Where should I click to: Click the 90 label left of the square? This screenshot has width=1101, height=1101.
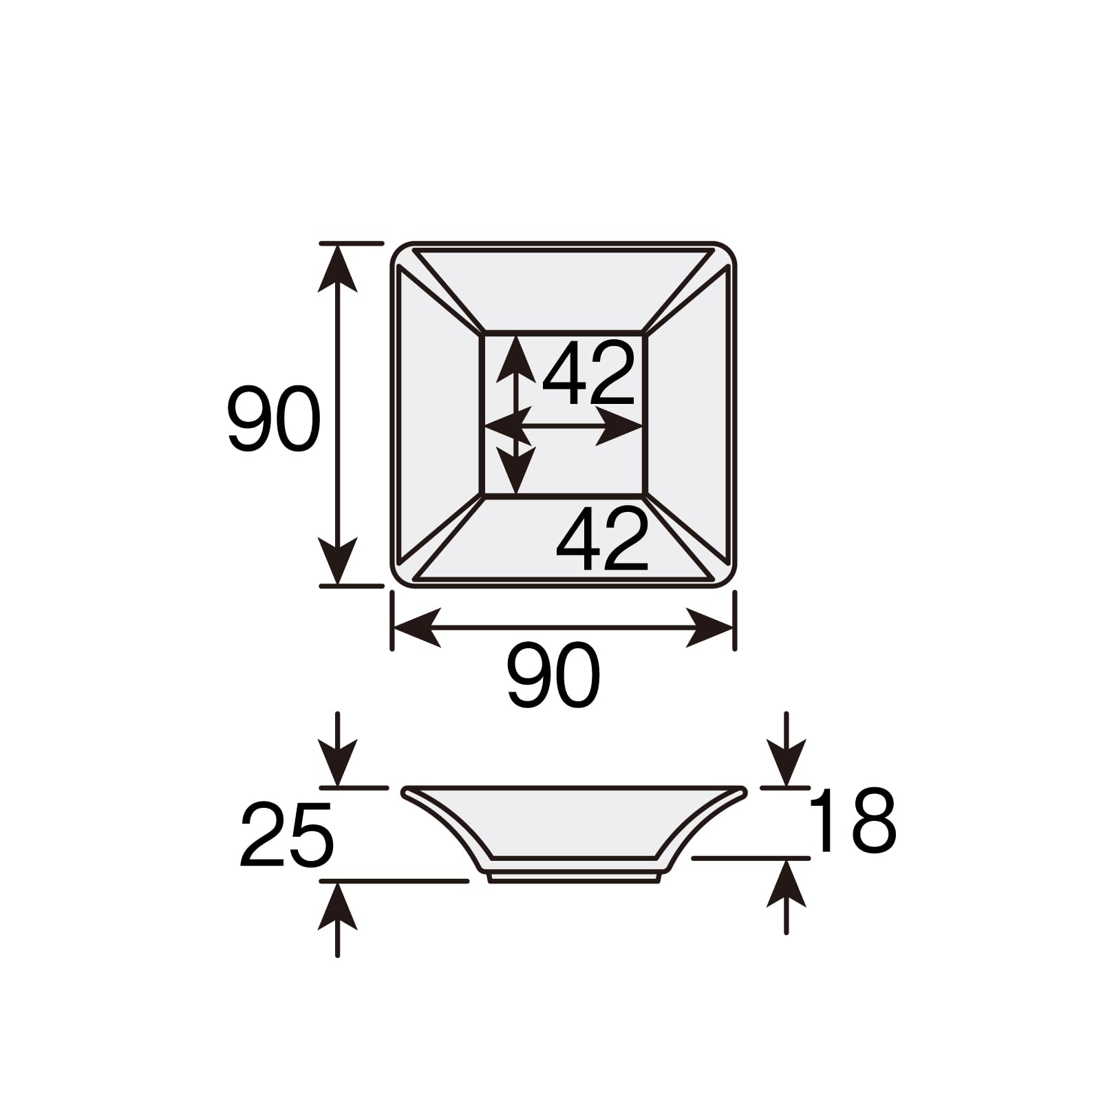[274, 420]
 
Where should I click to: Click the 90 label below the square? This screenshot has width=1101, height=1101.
[554, 676]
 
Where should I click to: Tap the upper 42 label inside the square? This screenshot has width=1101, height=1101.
[588, 374]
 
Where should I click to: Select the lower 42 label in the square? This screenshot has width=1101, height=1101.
[603, 539]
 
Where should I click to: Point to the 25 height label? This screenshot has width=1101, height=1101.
[287, 834]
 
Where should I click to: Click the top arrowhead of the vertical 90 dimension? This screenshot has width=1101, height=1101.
[337, 268]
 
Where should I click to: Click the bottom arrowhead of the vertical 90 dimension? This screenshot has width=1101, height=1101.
[337, 560]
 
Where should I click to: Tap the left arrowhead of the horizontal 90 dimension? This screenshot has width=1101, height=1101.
[417, 628]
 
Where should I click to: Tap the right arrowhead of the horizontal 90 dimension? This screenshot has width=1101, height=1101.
[709, 628]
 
